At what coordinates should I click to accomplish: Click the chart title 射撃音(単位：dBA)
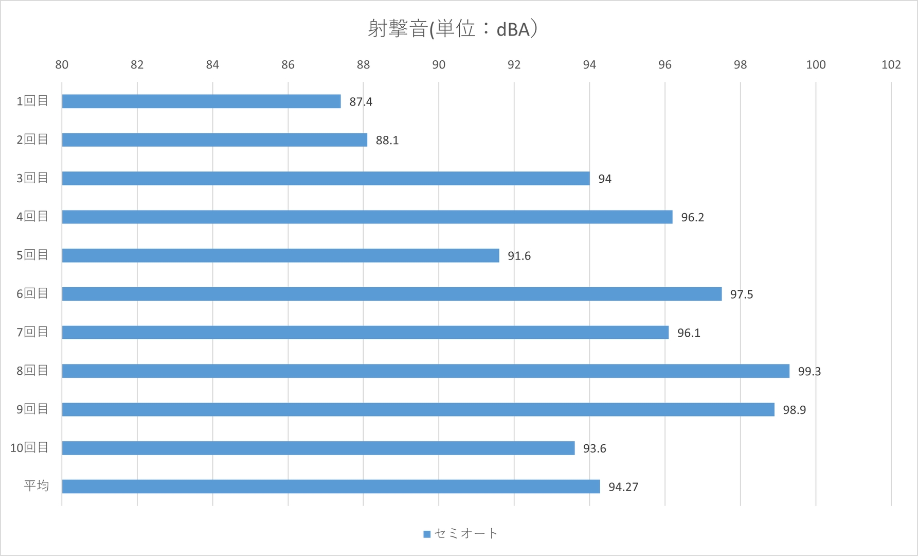(453, 29)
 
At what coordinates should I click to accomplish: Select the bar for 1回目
(201, 101)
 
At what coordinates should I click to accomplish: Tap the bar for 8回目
(425, 371)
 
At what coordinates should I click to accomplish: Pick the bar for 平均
(331, 486)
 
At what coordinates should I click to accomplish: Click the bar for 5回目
(280, 255)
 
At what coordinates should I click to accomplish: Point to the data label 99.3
(809, 372)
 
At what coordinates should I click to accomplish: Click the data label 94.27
(623, 487)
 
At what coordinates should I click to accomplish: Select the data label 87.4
(361, 102)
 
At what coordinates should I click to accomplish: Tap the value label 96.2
(692, 218)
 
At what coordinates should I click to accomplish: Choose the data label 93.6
(594, 449)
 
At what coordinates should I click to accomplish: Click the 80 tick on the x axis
(62, 65)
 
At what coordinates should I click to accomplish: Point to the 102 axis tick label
(891, 65)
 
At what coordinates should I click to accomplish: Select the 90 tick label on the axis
(439, 65)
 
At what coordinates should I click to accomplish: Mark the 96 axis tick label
(664, 65)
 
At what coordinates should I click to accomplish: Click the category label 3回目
(32, 178)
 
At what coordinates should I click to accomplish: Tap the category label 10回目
(29, 448)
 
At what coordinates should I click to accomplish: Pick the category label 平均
(36, 486)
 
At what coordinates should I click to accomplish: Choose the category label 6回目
(32, 293)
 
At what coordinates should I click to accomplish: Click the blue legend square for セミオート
(427, 534)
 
